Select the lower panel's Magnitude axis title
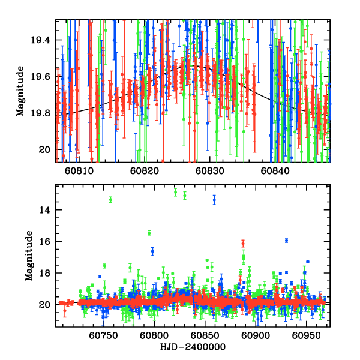(28, 257)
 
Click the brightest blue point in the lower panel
(214, 199)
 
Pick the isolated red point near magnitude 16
(243, 243)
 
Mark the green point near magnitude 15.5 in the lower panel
(149, 233)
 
